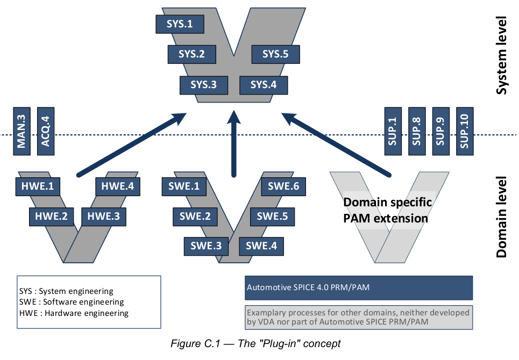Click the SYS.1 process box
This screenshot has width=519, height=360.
[x=180, y=24]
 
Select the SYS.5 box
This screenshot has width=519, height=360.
[x=276, y=54]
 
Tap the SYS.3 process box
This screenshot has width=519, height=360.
[x=204, y=85]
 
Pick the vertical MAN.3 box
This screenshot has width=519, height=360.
[x=22, y=131]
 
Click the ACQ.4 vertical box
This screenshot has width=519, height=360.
[x=46, y=131]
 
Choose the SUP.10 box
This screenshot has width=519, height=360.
[x=465, y=131]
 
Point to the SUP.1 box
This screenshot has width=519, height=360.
[x=393, y=131]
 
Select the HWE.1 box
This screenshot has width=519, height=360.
[x=38, y=186]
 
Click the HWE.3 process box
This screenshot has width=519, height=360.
[x=104, y=217]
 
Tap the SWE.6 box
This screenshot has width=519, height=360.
[x=283, y=186]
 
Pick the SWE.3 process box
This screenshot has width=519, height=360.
[x=206, y=246]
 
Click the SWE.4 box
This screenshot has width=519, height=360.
[x=261, y=246]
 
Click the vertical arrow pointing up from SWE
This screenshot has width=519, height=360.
[x=234, y=143]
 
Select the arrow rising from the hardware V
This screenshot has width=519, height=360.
[x=132, y=144]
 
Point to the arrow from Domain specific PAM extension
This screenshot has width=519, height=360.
[x=336, y=145]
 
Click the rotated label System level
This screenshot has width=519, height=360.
[x=501, y=55]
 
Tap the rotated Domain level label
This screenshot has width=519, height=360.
[x=501, y=217]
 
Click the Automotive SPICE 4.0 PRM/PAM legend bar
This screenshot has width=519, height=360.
[x=359, y=287]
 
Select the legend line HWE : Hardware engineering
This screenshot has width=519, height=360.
[x=74, y=313]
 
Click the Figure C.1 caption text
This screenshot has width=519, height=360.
[x=255, y=344]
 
